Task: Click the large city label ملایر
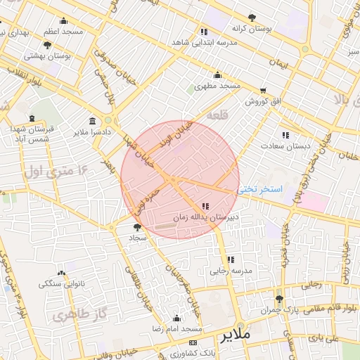click(x=235, y=335)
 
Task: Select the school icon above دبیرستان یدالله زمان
click(x=205, y=206)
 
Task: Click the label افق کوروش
click(x=262, y=101)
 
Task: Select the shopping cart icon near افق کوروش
click(x=263, y=91)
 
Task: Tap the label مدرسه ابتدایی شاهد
click(x=209, y=42)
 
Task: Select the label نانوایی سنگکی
click(x=61, y=283)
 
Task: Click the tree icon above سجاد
click(x=136, y=227)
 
